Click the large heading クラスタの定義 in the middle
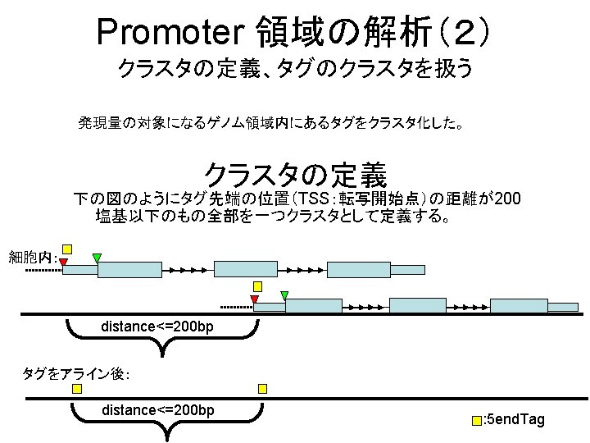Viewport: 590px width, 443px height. coord(295,174)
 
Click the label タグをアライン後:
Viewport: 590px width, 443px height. coord(75,374)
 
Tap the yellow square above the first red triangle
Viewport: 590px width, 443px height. coord(67,249)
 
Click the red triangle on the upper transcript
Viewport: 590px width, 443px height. coord(63,262)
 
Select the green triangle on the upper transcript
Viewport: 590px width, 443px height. coord(97,258)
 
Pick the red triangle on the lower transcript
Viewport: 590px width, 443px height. coord(254,299)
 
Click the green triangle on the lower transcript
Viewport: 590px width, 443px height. coord(284,295)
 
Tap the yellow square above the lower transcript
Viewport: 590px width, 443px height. coord(257,285)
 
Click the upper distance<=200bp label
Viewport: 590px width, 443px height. coord(157,327)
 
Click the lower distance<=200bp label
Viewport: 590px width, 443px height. coord(157,409)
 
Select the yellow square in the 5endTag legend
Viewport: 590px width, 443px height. coord(477,421)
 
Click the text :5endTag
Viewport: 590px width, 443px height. coord(514,420)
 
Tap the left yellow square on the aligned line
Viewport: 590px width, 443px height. coord(76,388)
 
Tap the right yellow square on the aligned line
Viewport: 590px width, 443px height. coord(263,388)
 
